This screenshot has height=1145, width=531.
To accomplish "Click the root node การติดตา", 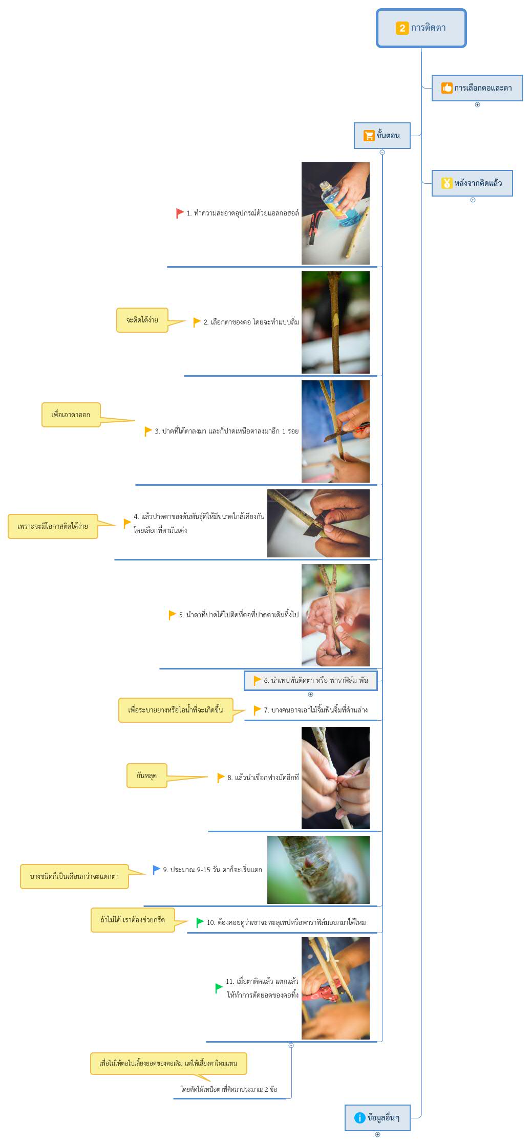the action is (421, 28).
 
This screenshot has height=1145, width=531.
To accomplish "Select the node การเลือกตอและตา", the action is (477, 88).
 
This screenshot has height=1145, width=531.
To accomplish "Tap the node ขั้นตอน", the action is (382, 136).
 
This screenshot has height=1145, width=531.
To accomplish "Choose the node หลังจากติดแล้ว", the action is (472, 183).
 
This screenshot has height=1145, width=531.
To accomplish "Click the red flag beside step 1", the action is (180, 213).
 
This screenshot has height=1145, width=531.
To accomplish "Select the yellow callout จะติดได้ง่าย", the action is (142, 320).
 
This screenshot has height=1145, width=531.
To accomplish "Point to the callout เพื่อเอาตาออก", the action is (71, 415).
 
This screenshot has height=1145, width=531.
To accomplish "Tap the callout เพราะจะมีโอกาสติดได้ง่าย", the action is (53, 526).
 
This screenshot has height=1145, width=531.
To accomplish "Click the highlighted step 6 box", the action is (310, 681).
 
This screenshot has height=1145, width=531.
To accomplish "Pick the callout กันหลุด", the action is (146, 775).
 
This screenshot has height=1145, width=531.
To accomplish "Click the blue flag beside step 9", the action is (157, 870).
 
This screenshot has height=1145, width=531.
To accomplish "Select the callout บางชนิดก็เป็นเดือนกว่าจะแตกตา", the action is (74, 876).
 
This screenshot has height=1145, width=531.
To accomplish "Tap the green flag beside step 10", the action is (200, 922).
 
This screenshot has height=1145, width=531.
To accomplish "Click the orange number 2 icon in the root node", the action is (402, 28).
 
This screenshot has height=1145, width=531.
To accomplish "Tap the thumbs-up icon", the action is (447, 88).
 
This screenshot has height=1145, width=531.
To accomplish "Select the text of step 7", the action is (316, 710).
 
